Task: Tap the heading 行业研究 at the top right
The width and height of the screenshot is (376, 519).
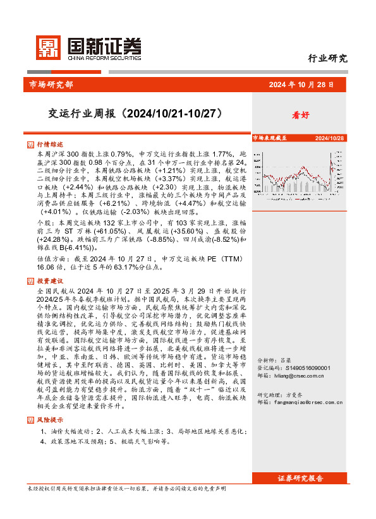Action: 327,59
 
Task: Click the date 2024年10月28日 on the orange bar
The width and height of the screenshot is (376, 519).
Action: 301,85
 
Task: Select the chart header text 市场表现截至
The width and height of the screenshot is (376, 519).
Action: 270,137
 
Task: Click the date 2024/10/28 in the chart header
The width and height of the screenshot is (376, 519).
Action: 329,137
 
